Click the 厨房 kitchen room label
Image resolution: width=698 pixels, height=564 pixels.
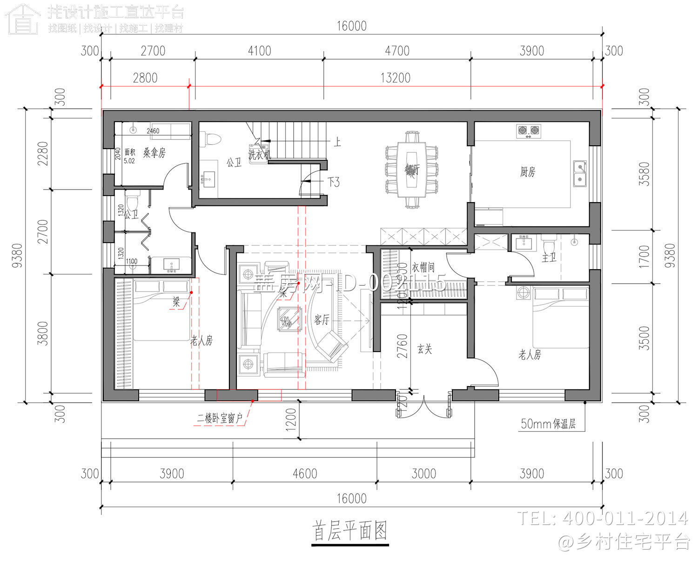pos(528,172)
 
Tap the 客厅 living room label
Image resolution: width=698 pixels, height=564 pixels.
pos(322,319)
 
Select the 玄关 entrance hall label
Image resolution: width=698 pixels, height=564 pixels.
pos(424,349)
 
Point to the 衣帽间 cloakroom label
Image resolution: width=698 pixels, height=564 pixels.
pos(423,267)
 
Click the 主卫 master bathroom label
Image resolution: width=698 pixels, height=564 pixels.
pos(549,257)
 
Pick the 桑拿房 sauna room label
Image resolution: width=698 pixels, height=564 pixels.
pos(154,153)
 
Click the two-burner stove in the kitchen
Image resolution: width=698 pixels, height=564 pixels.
pos(529,131)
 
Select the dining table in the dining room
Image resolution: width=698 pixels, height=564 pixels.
pos(412,170)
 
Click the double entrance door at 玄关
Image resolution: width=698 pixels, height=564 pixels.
pos(424,405)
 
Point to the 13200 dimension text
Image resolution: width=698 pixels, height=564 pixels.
pos(395,78)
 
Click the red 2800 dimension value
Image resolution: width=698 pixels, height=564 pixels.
pos(145,78)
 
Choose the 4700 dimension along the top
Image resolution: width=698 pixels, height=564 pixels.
pos(397,51)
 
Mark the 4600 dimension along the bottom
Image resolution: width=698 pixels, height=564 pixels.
pos(305,474)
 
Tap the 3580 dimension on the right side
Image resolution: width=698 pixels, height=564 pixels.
pos(644,174)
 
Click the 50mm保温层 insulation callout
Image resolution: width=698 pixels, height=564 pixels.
pos(548,424)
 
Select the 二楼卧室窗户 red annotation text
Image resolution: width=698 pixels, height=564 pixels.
pos(220,418)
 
